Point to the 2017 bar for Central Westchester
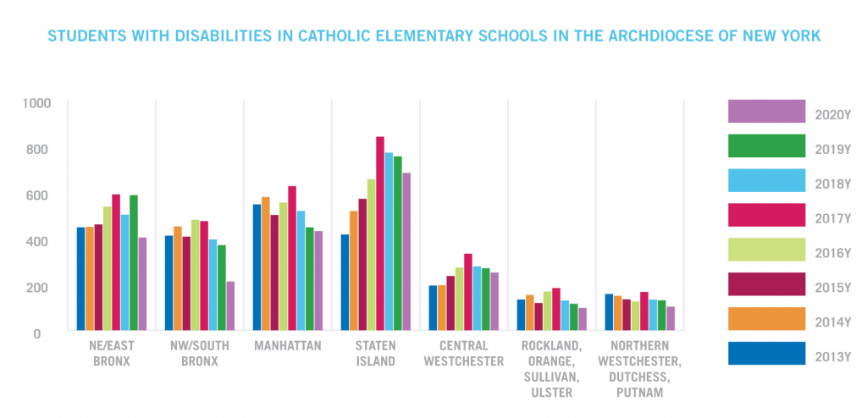[x=468, y=291]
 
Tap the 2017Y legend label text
[x=831, y=218]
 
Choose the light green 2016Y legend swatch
[x=766, y=250]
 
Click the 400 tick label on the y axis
[x=41, y=241]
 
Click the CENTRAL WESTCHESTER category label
[x=464, y=354]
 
